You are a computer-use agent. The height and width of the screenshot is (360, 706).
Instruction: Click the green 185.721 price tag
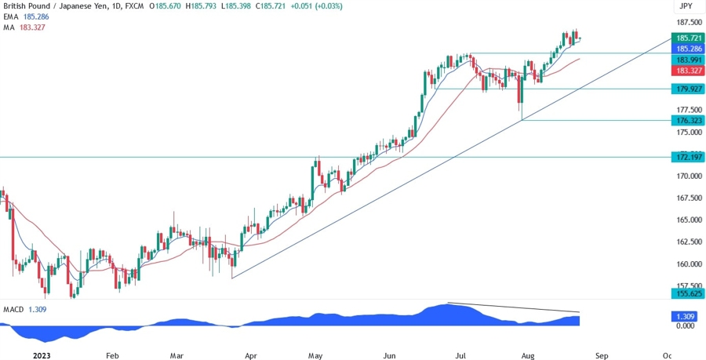tap(688, 38)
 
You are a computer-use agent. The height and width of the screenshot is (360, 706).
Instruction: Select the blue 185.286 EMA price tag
tap(688, 49)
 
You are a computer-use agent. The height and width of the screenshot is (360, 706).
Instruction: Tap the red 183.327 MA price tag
tap(688, 71)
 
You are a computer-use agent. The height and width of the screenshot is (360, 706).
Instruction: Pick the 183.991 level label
tap(688, 60)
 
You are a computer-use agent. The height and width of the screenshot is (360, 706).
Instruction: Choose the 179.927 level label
tap(688, 89)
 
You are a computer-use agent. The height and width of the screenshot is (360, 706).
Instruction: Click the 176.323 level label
tap(688, 120)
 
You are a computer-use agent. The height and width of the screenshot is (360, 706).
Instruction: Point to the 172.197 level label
tap(688, 158)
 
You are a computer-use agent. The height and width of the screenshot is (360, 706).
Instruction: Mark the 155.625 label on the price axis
tap(688, 293)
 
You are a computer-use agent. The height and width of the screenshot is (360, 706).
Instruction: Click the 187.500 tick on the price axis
tap(688, 22)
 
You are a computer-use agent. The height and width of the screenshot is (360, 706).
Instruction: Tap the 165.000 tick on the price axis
tap(688, 220)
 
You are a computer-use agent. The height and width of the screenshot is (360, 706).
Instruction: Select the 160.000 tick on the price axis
tap(688, 264)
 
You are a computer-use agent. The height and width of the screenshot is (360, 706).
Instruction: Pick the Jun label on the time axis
tap(388, 354)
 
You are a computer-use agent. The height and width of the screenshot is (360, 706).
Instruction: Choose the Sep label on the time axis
tap(601, 354)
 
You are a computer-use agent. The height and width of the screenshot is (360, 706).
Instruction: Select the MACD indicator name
tap(14, 309)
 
